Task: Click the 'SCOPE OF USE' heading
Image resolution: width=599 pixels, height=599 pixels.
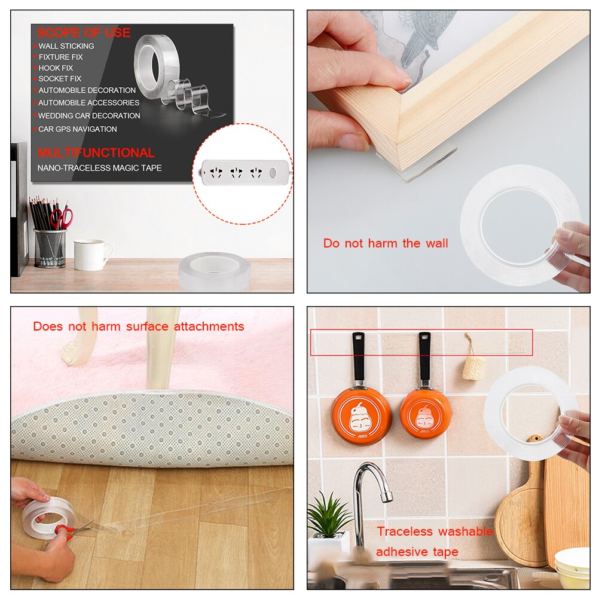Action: pos(84,33)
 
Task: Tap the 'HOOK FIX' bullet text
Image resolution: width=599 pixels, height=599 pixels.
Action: pos(56,68)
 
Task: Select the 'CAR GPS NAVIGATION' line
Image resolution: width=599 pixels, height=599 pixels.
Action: pos(78,129)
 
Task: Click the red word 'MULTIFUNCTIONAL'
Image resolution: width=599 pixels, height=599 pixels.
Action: pos(96,152)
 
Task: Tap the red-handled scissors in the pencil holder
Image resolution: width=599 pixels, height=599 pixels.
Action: pos(62,218)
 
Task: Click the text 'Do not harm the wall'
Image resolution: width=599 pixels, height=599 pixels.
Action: pos(386,243)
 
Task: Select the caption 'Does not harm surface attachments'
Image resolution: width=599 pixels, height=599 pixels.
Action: pos(139,326)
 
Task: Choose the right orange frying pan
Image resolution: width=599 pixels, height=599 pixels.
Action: pos(426,412)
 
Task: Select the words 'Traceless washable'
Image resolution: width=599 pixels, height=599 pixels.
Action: pos(435,531)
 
